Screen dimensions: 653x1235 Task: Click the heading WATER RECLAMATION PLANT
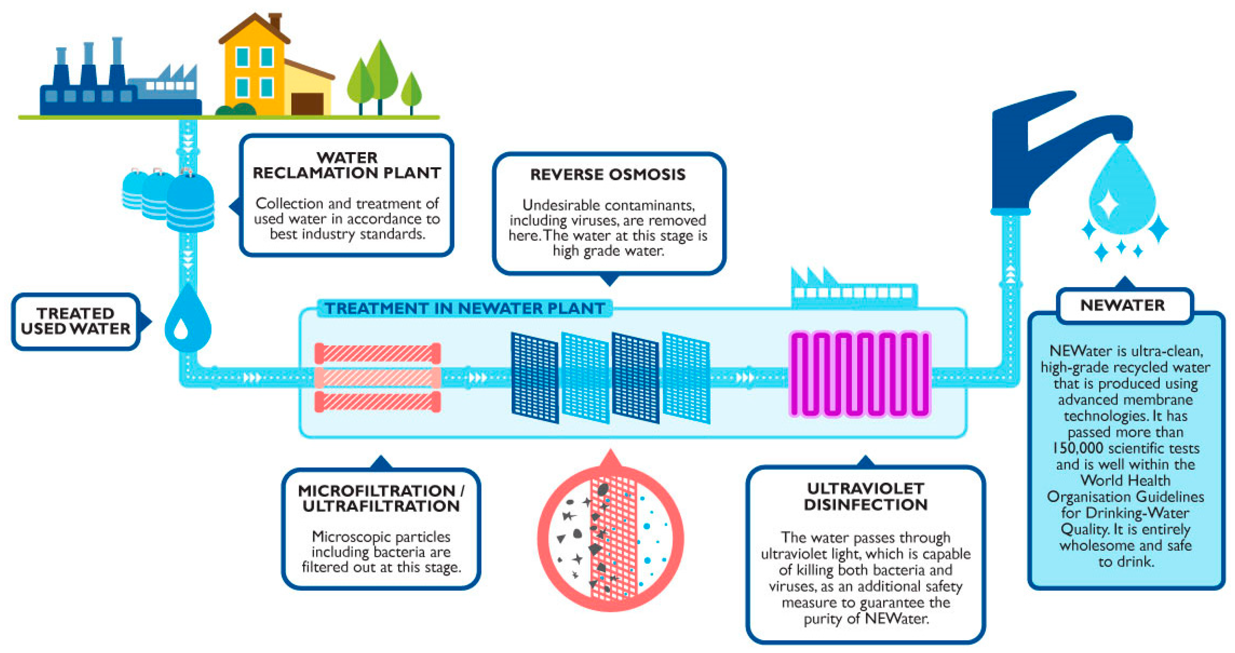coord(346,165)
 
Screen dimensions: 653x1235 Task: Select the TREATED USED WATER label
coord(76,321)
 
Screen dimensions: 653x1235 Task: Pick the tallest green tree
coord(380,72)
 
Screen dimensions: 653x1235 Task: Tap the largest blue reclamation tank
coord(190,204)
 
